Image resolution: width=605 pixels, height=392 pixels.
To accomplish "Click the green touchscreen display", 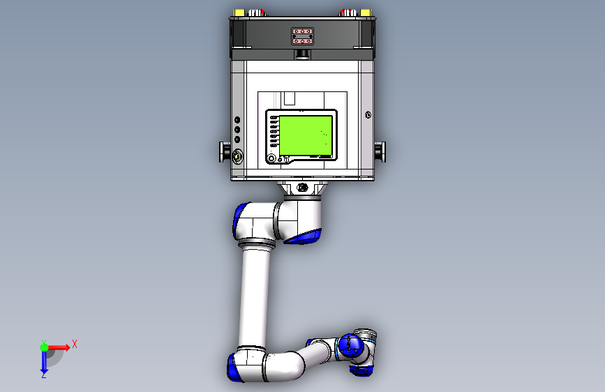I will (306, 135).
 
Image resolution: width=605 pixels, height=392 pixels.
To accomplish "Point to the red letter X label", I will (74, 344).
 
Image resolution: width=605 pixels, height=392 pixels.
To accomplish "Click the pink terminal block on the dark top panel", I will (304, 36).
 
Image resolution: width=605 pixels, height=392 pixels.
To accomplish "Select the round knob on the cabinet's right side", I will (381, 150).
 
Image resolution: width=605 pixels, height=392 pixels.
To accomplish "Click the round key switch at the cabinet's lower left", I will (238, 156).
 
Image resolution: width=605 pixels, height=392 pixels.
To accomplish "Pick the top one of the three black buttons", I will (237, 120).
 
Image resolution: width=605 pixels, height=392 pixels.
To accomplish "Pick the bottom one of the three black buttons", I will (237, 139).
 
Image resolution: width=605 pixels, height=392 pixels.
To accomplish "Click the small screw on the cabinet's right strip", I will (368, 115).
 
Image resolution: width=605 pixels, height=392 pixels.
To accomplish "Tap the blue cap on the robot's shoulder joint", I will (244, 220).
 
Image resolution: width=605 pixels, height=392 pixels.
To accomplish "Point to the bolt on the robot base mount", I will (302, 188).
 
